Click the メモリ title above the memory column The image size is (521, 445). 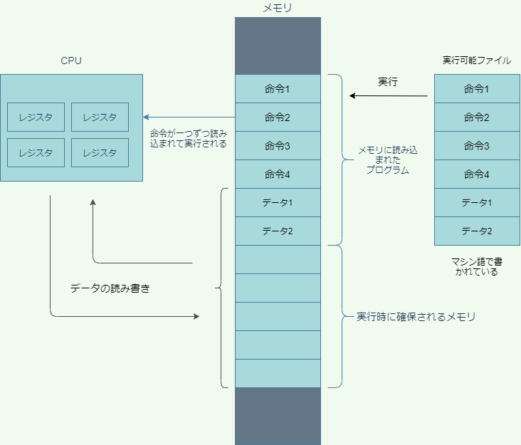point(278,9)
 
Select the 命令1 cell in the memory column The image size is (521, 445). point(278,89)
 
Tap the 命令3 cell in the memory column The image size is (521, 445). point(278,146)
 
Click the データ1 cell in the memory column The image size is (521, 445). point(278,203)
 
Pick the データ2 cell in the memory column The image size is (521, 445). point(278,231)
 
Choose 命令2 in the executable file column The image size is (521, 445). point(477,117)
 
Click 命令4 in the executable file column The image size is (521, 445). point(477,174)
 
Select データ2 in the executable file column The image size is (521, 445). point(477,231)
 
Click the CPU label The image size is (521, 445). point(71,61)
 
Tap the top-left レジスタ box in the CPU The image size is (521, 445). point(36,117)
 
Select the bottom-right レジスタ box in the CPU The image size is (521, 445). point(100,152)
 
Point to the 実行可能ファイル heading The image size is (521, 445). point(477,61)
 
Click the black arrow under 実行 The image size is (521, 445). point(388,96)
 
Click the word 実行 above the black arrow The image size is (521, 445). point(388,82)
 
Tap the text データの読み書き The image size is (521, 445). point(110,289)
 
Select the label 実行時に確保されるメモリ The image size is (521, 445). point(416,317)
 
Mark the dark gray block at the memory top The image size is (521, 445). point(278,46)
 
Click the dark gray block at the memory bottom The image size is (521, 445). point(278,416)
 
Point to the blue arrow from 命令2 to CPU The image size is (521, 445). point(189,117)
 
